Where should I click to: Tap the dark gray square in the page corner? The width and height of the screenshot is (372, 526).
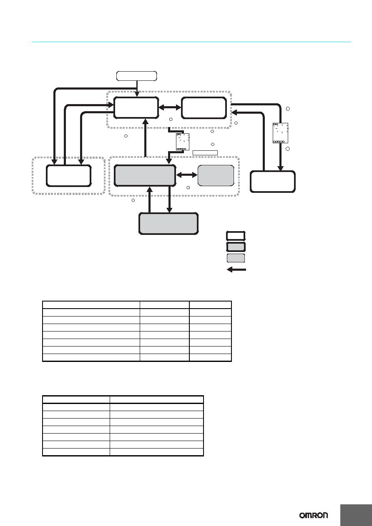(356, 515)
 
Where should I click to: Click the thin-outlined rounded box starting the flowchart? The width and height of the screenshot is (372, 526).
(137, 76)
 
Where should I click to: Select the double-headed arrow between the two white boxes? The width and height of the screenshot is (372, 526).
(170, 107)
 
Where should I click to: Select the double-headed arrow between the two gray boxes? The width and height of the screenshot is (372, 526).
(187, 175)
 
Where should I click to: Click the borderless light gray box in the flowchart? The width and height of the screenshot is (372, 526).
(216, 175)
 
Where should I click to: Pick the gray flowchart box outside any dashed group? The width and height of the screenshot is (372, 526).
(168, 224)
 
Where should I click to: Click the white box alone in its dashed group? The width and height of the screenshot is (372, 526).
(69, 176)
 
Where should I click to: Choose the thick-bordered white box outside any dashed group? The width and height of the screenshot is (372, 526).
(273, 182)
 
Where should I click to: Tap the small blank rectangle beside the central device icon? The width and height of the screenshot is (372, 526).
(205, 153)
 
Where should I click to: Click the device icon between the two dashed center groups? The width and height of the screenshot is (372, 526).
(183, 142)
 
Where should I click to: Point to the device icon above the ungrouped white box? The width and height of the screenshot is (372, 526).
(281, 133)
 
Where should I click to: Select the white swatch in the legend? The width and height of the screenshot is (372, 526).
(236, 236)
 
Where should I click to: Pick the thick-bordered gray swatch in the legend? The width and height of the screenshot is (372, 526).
(236, 247)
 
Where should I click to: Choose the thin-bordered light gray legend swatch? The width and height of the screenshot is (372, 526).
(236, 258)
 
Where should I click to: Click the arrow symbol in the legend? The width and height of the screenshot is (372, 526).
(236, 269)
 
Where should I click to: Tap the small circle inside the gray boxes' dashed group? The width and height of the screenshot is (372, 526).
(188, 188)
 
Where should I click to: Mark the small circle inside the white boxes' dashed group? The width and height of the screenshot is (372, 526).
(171, 119)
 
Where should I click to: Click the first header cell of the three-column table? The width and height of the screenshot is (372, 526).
(91, 305)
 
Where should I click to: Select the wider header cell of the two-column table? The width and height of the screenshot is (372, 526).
(157, 400)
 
